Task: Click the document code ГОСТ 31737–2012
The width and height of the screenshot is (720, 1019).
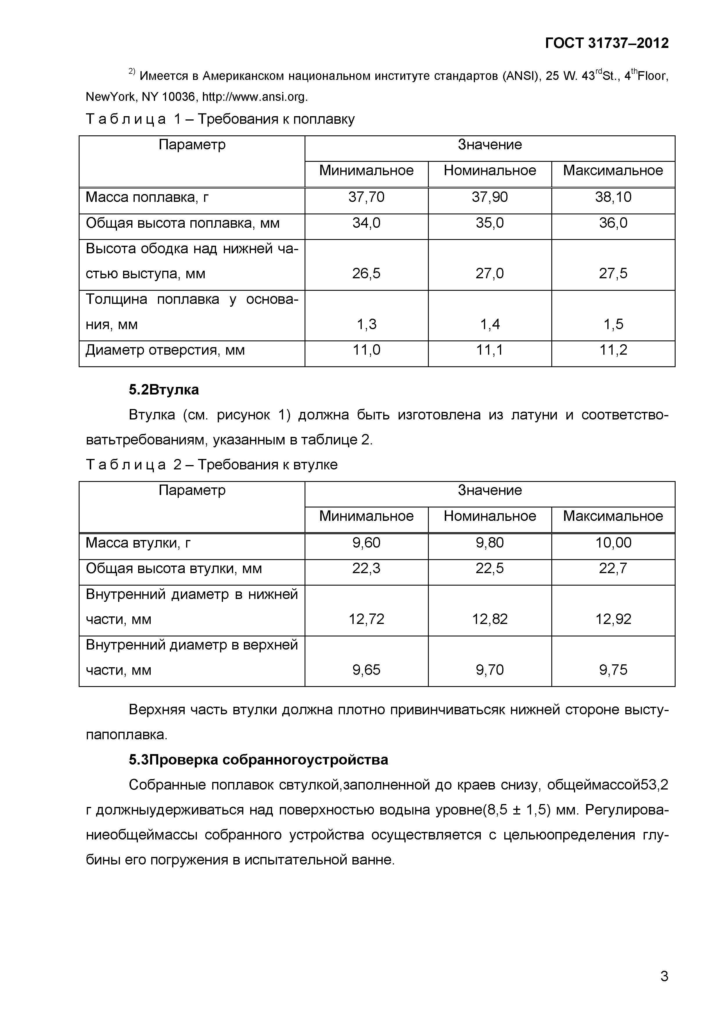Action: coord(606,43)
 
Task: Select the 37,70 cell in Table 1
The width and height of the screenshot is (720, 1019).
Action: coord(366,197)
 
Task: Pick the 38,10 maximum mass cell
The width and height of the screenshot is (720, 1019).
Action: coord(613,197)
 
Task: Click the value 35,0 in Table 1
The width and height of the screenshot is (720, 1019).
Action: coord(490,222)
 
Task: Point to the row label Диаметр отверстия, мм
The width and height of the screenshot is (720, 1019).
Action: coord(165,350)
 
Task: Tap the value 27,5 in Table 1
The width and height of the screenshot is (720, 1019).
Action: coord(613,273)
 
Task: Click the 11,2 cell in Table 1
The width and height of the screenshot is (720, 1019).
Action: coord(613,350)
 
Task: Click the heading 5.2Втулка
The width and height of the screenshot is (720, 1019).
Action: coord(164,390)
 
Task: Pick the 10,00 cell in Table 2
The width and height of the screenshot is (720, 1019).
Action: coord(613,542)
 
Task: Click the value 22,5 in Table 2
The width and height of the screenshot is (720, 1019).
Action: coord(490,568)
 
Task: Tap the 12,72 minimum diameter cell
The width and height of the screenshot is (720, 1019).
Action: coord(366,619)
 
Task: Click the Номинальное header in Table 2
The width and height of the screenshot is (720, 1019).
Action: coord(490,516)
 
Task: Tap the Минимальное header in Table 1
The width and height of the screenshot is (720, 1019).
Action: coord(366,171)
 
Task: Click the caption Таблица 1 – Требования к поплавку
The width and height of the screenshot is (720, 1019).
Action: coord(220,119)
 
